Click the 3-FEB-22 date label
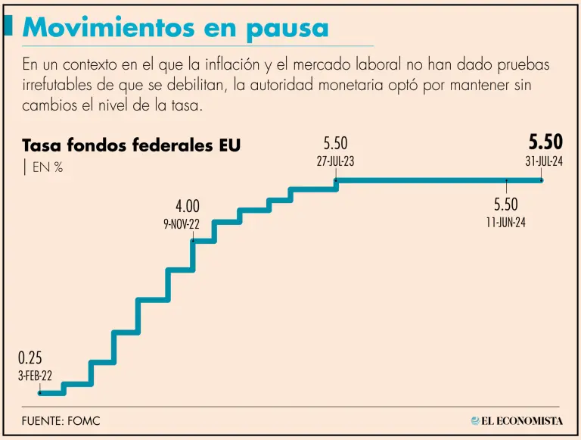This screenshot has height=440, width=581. point(36,375)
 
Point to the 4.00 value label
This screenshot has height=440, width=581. point(188,206)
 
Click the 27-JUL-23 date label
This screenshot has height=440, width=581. point(336,161)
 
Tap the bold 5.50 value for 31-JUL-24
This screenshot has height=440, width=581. point(545,142)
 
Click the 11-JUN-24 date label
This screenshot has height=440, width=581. point(506,223)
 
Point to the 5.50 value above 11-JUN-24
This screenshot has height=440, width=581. point(506,204)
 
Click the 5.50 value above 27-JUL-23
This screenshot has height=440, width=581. point(336,142)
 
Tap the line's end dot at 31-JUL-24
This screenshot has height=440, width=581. point(542,180)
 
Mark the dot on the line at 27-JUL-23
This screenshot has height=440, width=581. point(336,180)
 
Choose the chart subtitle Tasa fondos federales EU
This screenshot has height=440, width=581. point(132,145)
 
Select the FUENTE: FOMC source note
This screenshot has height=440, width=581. point(61,421)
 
